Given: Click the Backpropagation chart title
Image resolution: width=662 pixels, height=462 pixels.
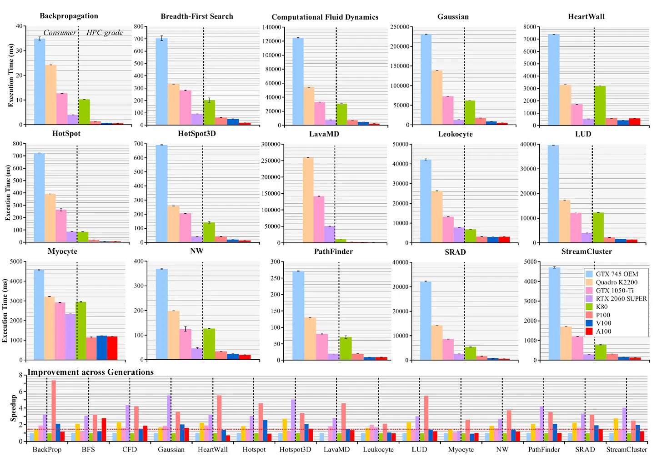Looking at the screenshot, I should click(x=69, y=16).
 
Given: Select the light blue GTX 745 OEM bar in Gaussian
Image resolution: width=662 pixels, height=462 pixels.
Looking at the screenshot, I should click(x=426, y=80).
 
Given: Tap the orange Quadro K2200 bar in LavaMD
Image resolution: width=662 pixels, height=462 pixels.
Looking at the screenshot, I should click(x=308, y=200).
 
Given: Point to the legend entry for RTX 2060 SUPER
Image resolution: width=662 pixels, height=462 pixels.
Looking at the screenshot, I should click(x=621, y=299).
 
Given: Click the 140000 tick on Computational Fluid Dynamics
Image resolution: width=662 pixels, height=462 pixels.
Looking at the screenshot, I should click(x=271, y=27).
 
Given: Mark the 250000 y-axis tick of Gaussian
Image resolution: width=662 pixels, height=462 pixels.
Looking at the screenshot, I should click(x=400, y=27).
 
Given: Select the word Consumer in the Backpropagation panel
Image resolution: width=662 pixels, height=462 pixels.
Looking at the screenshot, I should click(x=60, y=33).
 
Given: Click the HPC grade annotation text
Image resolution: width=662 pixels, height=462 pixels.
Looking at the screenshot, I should click(x=105, y=33).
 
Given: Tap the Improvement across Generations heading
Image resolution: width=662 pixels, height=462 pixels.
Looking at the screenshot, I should click(x=90, y=372).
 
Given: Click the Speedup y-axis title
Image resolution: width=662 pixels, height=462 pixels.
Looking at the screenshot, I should click(x=14, y=408).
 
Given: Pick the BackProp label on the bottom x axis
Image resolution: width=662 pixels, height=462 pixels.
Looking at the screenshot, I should click(x=47, y=450).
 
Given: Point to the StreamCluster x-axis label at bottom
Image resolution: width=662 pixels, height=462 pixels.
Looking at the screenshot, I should click(x=627, y=450).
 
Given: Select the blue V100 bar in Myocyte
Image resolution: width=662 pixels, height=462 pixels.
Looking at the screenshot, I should click(x=102, y=348).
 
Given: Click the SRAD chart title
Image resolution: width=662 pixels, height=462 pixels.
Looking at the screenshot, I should click(x=455, y=252).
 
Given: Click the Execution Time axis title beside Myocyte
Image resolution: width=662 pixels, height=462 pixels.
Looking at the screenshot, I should click(x=5, y=311).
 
